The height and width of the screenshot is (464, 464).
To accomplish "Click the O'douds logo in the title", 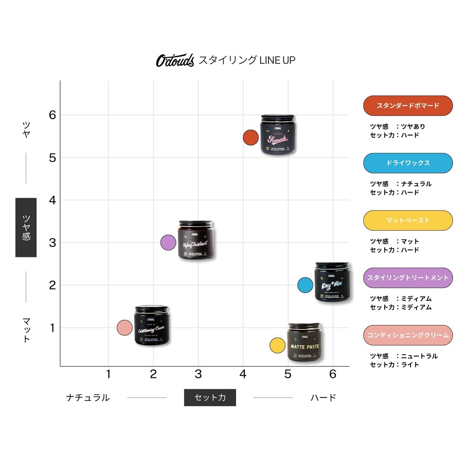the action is click(x=175, y=60).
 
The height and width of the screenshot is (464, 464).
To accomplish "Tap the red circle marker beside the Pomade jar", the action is click(x=250, y=137).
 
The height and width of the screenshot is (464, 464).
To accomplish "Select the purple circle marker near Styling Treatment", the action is click(x=168, y=243).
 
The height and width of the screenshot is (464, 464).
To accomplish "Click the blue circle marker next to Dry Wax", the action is click(x=305, y=285).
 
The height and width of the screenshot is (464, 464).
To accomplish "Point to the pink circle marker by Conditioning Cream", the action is click(x=124, y=327).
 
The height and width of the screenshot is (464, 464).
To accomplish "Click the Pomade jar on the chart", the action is click(x=277, y=135).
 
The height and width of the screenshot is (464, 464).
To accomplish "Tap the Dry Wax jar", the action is click(x=332, y=282).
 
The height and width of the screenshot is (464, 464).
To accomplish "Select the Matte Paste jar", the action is click(x=304, y=342).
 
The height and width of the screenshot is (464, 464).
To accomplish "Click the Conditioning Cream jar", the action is click(x=151, y=325).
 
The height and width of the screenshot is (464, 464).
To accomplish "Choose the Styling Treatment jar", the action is click(x=196, y=240).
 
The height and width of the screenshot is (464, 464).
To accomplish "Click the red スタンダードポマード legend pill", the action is click(x=408, y=106).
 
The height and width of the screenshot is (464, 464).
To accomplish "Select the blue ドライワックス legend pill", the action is click(x=408, y=163).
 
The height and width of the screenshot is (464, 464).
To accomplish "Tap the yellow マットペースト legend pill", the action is click(x=408, y=220).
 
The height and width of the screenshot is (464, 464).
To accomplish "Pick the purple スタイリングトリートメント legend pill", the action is click(x=408, y=278).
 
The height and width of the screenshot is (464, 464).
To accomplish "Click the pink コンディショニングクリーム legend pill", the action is click(x=408, y=335).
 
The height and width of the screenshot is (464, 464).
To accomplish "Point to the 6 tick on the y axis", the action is click(x=53, y=115).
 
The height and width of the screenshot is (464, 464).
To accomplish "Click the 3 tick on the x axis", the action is click(x=198, y=374).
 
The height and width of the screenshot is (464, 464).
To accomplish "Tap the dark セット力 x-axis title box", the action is click(x=210, y=397).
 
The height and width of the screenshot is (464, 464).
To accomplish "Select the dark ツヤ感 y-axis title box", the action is click(x=26, y=227).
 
